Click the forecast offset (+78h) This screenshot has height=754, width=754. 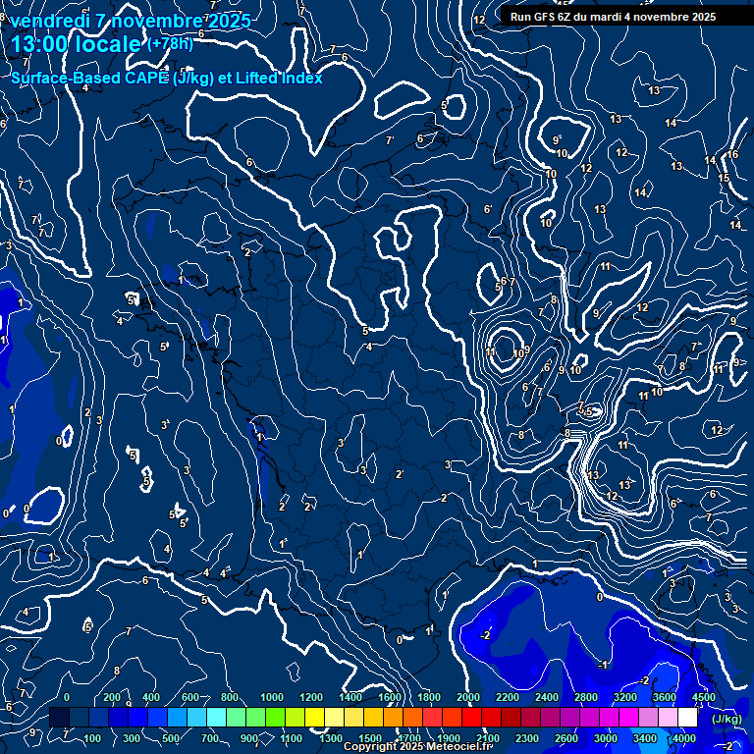pyautogui.click(x=170, y=44)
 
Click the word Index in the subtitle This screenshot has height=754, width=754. pyautogui.click(x=300, y=78)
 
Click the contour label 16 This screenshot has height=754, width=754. pyautogui.click(x=732, y=154)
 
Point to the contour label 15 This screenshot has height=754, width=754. pyautogui.click(x=724, y=178)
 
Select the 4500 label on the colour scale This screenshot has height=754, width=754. pyautogui.click(x=703, y=697)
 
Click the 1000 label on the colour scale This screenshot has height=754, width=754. pyautogui.click(x=272, y=697)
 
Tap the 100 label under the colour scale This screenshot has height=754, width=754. pyautogui.click(x=92, y=738)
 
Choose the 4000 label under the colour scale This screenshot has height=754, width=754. pyautogui.click(x=683, y=738)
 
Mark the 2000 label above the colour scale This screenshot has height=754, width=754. pyautogui.click(x=468, y=697)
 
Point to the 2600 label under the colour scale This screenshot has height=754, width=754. pyautogui.click(x=566, y=738)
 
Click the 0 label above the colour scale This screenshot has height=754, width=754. pyautogui.click(x=67, y=697)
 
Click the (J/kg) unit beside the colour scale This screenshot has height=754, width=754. pyautogui.click(x=726, y=719)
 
